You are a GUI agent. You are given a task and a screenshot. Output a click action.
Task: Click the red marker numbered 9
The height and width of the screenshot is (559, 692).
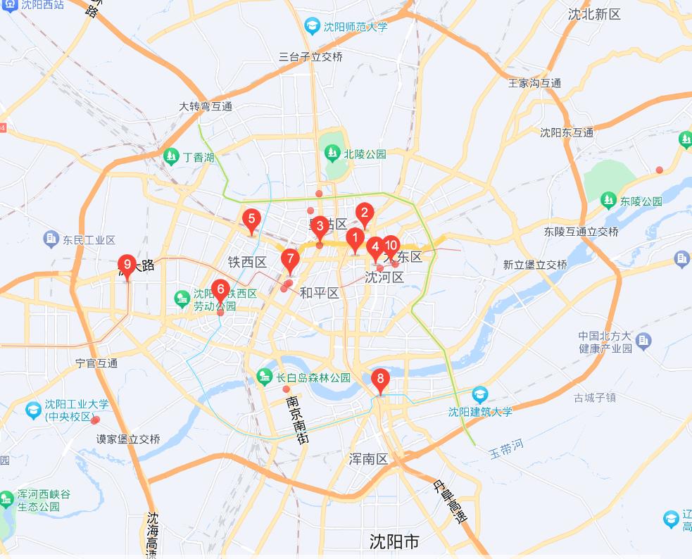[127, 265]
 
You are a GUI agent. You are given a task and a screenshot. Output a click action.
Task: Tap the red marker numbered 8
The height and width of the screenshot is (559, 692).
[380, 381]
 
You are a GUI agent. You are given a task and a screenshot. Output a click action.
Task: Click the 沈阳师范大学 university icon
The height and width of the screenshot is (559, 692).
[312, 27]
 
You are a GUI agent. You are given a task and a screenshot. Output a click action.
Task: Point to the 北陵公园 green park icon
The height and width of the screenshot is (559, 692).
[332, 153]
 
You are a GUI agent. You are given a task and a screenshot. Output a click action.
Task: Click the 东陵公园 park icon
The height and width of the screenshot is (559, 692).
[608, 201]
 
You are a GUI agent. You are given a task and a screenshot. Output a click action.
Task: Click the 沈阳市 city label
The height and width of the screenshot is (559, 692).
[394, 541]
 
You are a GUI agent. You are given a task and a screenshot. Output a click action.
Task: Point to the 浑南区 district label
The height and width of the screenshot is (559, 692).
[368, 459]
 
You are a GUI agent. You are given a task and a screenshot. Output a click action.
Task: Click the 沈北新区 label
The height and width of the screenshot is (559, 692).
[594, 14]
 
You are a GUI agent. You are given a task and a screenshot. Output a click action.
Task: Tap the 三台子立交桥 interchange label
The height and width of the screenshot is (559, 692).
[310, 57]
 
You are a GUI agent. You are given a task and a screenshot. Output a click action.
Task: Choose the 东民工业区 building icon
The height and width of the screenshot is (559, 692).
[51, 239]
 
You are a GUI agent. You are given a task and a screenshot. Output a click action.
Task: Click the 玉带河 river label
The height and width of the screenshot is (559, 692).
[506, 449]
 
